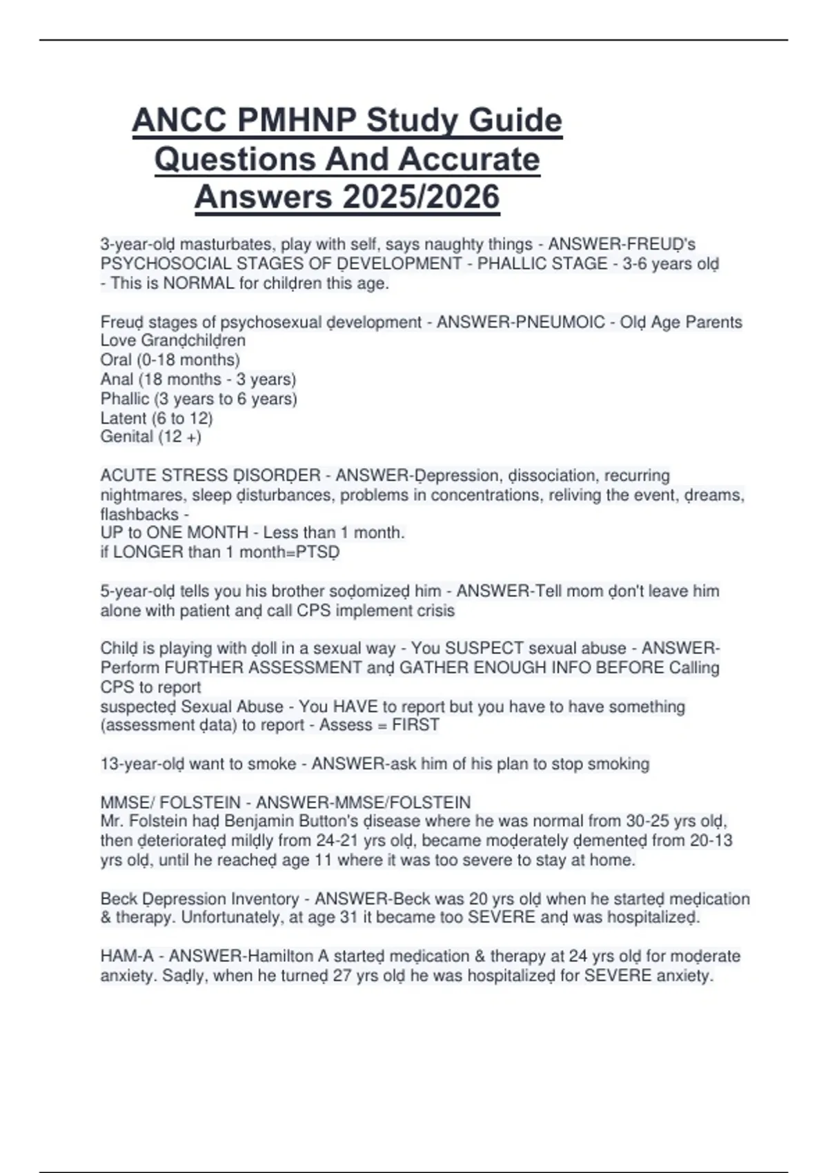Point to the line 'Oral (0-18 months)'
[170, 360]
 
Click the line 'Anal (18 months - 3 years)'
[198, 379]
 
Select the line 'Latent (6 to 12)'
[157, 418]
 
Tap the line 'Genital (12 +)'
[150, 437]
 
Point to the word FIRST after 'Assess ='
[415, 725]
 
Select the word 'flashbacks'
[139, 515]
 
